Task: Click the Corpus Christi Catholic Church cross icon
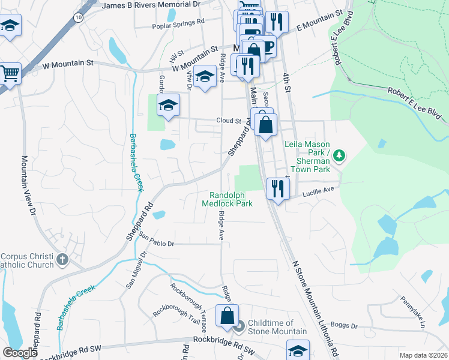(x=62, y=260)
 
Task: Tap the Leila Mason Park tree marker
(x=340, y=156)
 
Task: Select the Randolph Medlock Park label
(x=231, y=199)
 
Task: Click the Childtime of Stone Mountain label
(x=277, y=327)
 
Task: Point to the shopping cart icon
(x=10, y=73)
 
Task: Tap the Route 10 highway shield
(x=79, y=18)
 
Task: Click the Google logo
(x=20, y=352)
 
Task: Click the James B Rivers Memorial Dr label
(x=151, y=5)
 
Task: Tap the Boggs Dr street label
(x=345, y=326)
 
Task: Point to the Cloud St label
(x=229, y=121)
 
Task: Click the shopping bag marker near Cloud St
(x=266, y=125)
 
